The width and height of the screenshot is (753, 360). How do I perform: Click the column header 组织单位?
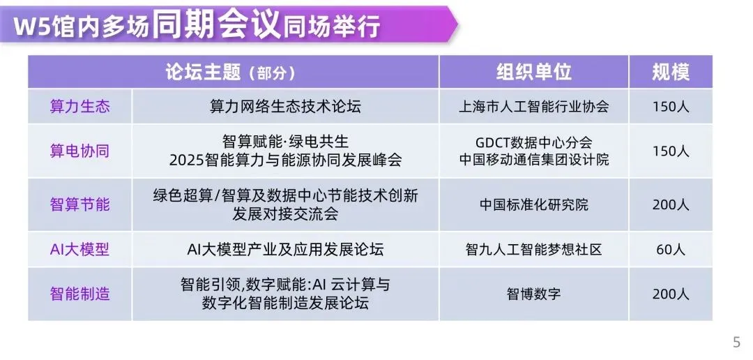(x=533, y=72)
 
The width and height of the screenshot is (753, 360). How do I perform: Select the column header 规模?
(x=671, y=72)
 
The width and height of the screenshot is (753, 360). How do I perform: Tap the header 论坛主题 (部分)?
(x=230, y=72)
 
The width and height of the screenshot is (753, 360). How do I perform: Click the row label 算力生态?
(x=79, y=106)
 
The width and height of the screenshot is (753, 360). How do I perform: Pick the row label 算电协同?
(x=79, y=151)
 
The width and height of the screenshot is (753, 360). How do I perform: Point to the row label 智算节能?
(x=79, y=204)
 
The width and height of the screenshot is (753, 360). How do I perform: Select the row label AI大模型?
(x=79, y=249)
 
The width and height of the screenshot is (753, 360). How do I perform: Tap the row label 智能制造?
(x=79, y=293)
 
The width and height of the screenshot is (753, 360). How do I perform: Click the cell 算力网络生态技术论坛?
(x=285, y=106)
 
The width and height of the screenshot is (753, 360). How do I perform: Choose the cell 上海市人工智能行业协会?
(x=533, y=106)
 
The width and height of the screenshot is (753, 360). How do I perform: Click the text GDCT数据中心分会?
(x=533, y=143)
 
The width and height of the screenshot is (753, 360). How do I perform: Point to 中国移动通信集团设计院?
(x=533, y=160)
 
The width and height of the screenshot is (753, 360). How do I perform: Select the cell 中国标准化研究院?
(x=533, y=204)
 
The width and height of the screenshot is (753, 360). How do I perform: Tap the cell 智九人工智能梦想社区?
(x=533, y=249)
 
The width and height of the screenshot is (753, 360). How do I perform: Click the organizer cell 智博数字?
(x=533, y=293)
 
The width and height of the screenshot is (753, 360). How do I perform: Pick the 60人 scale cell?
(x=671, y=249)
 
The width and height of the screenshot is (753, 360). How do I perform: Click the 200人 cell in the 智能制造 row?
(x=671, y=294)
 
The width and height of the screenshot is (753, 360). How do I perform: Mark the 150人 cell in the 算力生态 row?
(x=671, y=107)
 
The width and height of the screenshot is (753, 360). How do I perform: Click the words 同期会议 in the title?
(x=217, y=24)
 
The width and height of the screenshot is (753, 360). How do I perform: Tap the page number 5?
(x=737, y=343)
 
